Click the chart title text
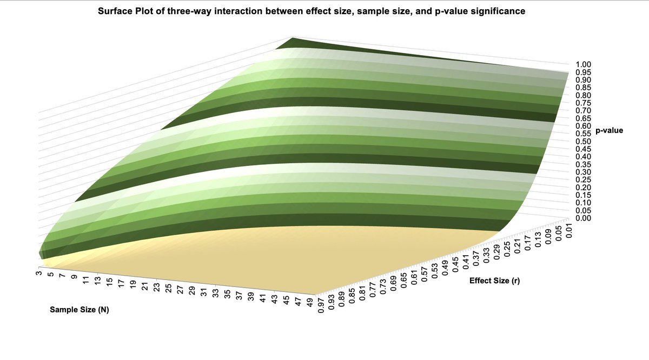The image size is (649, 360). pyautogui.click(x=311, y=11)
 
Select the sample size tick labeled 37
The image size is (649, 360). pyautogui.click(x=239, y=295)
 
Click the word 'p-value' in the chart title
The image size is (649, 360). pyautogui.click(x=452, y=11)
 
